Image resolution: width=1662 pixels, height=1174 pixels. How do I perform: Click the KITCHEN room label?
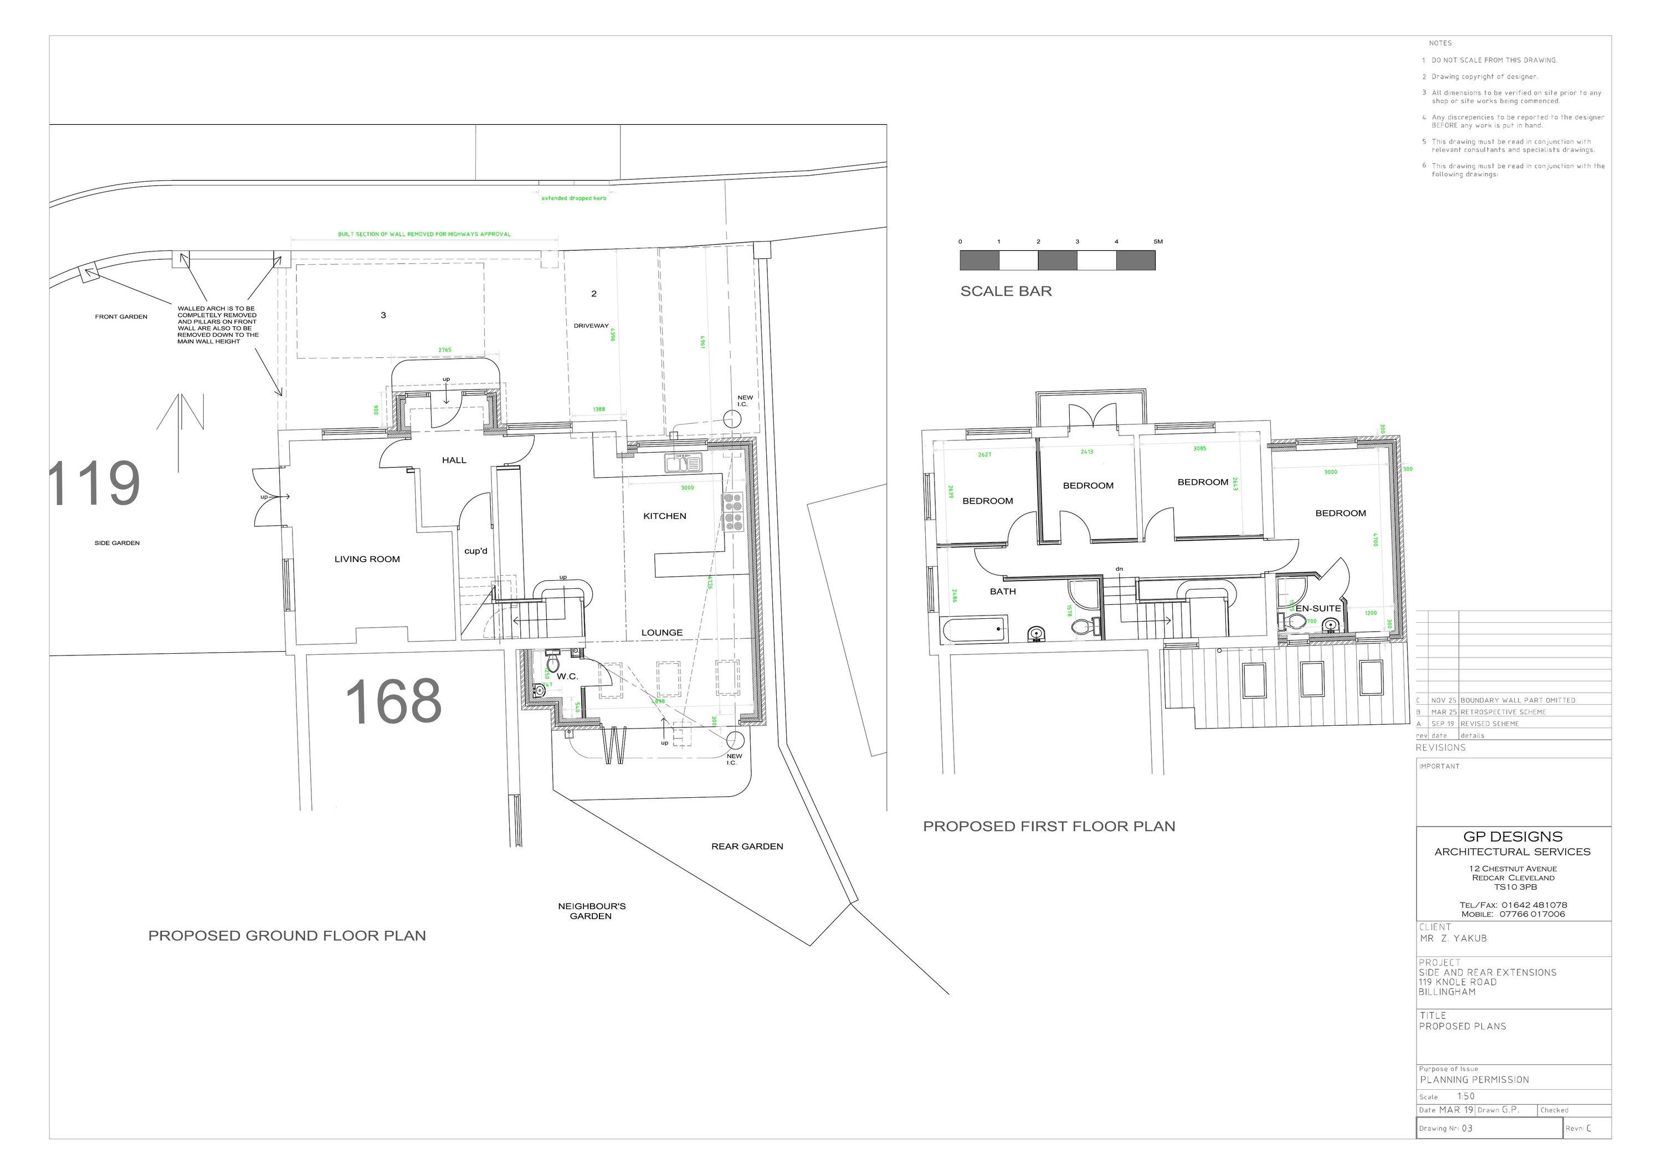664,516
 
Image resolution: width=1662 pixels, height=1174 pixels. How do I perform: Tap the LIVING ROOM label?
367,560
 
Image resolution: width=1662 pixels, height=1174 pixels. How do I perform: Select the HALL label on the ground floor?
454,460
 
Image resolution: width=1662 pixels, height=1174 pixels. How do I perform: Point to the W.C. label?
567,676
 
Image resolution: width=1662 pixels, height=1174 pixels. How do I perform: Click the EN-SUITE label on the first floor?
1318,609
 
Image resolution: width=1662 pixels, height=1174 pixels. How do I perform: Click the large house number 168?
393,701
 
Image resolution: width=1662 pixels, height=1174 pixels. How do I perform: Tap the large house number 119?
95,484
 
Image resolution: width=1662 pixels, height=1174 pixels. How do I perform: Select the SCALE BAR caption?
1006,291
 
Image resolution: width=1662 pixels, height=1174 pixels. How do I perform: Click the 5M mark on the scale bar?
1157,242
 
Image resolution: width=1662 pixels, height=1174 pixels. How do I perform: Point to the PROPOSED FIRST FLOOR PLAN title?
1049,827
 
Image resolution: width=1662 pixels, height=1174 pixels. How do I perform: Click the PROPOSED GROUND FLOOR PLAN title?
286,936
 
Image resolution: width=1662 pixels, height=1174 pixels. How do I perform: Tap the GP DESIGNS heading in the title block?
1512,837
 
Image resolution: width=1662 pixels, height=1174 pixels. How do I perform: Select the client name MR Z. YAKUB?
1453,939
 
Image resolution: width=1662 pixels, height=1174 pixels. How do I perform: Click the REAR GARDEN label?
747,847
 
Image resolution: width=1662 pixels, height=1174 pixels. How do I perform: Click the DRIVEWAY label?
592,326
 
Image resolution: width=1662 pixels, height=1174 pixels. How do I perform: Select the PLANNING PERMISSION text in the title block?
1474,1080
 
